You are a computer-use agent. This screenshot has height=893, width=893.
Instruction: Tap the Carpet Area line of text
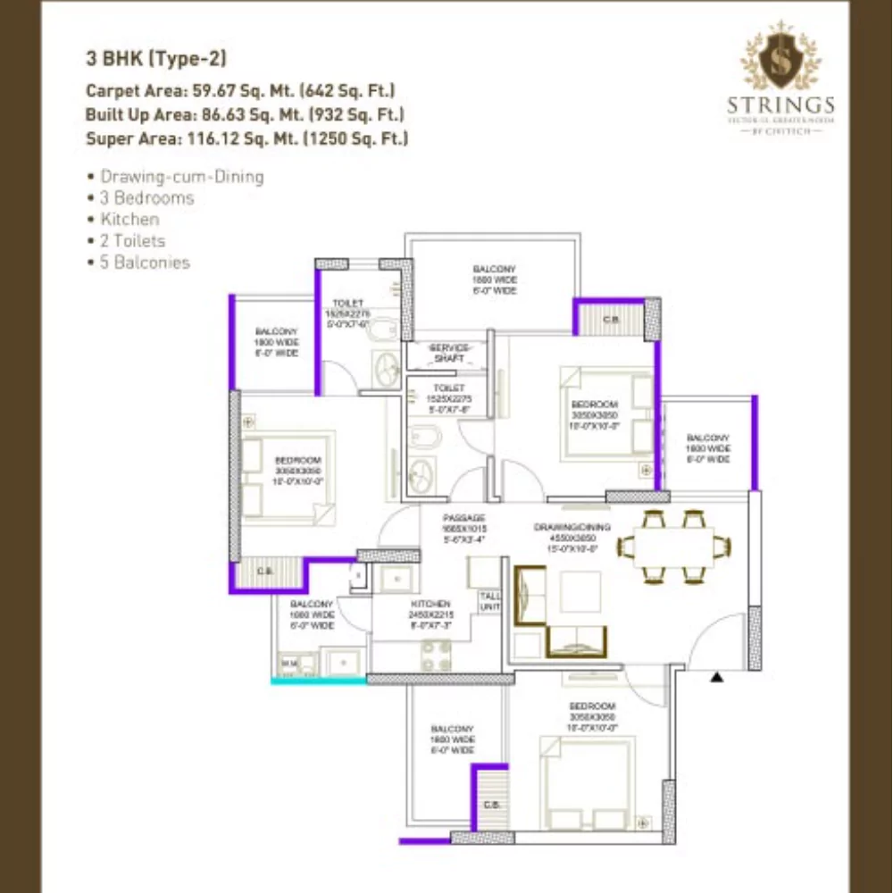[x=240, y=90]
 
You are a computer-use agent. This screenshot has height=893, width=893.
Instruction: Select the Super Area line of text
[x=246, y=138]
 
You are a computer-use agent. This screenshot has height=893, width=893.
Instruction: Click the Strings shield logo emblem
[x=780, y=59]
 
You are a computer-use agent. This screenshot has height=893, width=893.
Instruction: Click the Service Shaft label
[x=448, y=353]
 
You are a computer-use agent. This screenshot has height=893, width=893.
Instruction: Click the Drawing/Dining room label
[x=572, y=533]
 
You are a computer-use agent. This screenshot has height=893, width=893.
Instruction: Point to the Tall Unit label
[x=489, y=601]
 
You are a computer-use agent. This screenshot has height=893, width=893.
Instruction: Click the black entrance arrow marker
[x=716, y=679]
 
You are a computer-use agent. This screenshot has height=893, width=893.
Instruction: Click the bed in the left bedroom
[x=287, y=474]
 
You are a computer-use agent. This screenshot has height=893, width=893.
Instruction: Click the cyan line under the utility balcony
[x=319, y=680]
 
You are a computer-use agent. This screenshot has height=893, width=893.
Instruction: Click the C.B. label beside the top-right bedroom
[x=611, y=319]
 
